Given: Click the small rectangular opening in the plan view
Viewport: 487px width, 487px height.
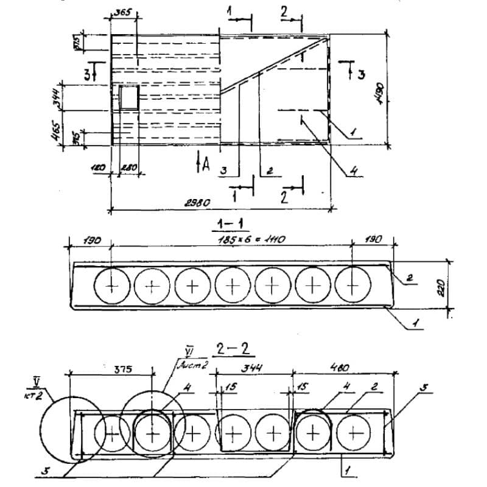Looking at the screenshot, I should coord(128,97).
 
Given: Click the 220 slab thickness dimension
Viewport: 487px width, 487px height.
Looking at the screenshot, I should coord(442,284).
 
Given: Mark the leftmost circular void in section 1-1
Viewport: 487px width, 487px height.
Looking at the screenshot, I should coord(112,285).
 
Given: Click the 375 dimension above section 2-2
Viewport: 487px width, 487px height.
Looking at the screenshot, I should coord(123,369).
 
